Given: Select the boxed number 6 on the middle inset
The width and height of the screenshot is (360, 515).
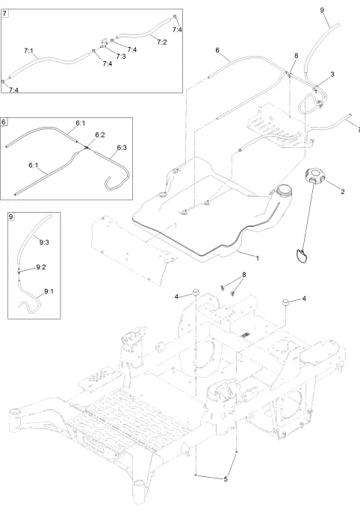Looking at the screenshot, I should pyautogui.click(x=7, y=121).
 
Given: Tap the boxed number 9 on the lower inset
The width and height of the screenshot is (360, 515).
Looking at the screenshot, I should pyautogui.click(x=11, y=216).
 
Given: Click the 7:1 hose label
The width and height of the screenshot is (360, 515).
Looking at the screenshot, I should pyautogui.click(x=29, y=51).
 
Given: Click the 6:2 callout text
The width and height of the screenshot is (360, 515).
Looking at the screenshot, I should pyautogui.click(x=99, y=134).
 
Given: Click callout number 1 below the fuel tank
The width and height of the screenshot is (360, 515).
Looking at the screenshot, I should pyautogui.click(x=257, y=257).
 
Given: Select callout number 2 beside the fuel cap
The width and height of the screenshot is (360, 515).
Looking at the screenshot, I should pyautogui.click(x=342, y=192).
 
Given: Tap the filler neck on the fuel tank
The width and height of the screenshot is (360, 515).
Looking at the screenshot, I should pyautogui.click(x=284, y=191).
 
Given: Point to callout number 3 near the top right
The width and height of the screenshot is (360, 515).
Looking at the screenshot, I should pyautogui.click(x=332, y=75).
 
